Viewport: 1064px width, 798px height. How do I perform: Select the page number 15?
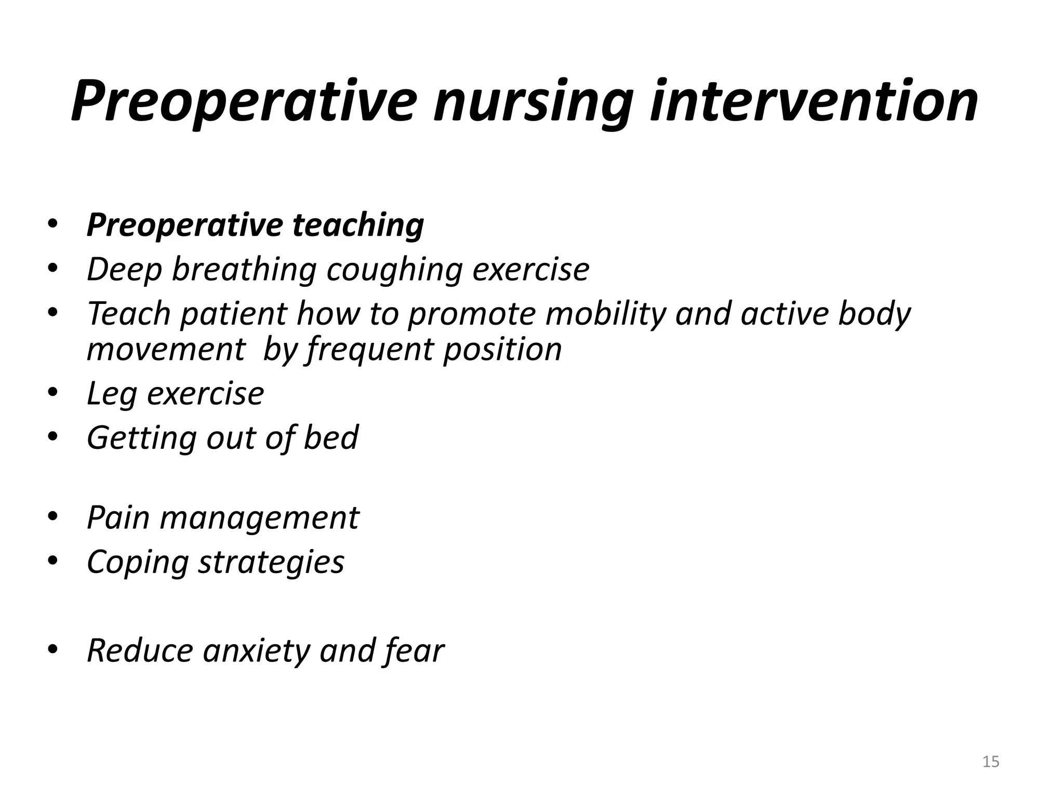pyautogui.click(x=991, y=762)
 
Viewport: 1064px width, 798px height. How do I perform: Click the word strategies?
pyautogui.click(x=271, y=562)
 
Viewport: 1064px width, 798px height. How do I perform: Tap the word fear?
pyautogui.click(x=415, y=650)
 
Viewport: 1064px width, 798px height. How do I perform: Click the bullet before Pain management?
pyautogui.click(x=53, y=516)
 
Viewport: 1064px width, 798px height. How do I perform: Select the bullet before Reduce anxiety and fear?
pyautogui.click(x=53, y=649)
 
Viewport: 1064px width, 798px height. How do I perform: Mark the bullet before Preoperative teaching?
pyautogui.click(x=53, y=224)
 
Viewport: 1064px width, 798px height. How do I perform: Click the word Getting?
pyautogui.click(x=141, y=438)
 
